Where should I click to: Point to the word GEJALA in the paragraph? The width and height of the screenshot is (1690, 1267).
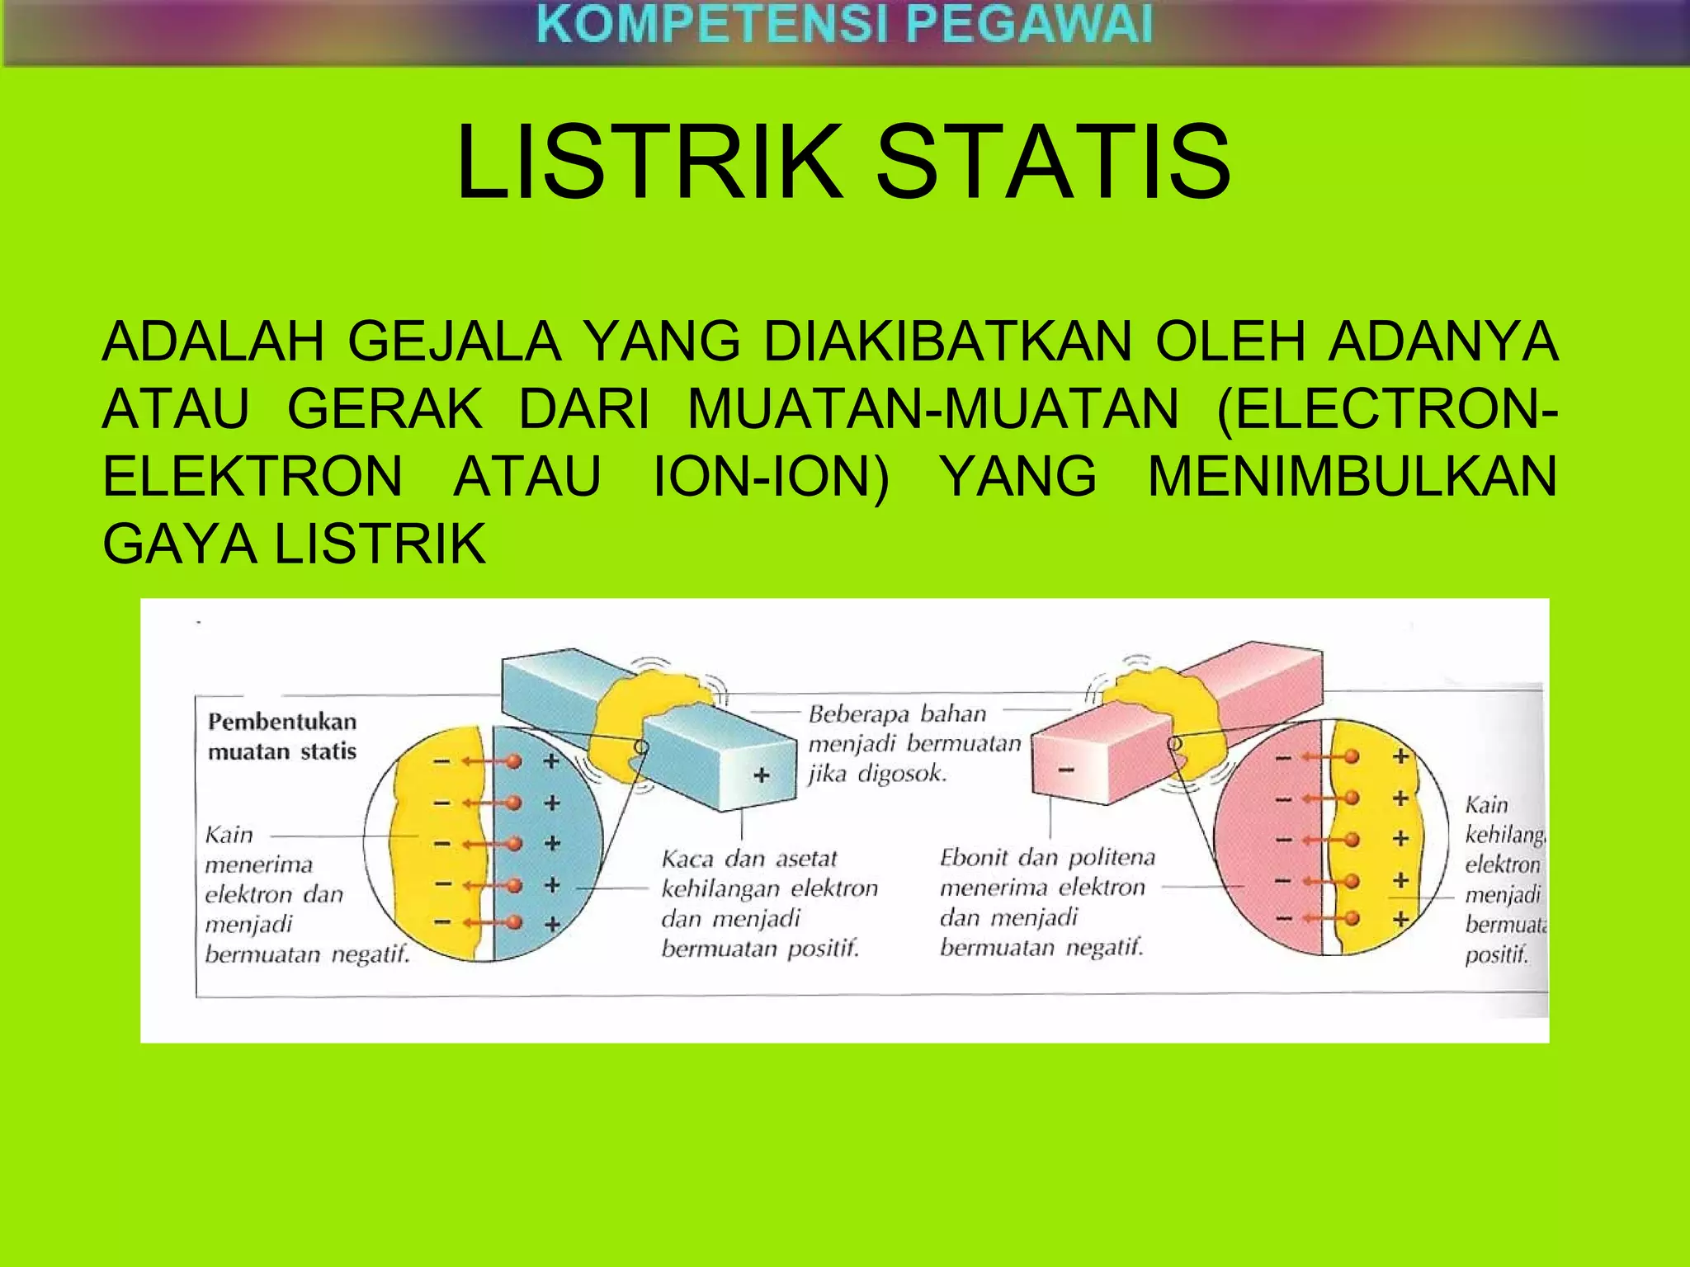point(455,341)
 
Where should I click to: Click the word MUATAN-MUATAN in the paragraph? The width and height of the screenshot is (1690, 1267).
point(933,409)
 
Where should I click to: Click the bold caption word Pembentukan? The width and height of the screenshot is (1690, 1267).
point(282,722)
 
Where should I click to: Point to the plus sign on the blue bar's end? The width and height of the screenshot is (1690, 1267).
point(762,775)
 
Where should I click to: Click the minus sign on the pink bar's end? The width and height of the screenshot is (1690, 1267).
point(1066,770)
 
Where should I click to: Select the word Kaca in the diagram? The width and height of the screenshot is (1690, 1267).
point(687,860)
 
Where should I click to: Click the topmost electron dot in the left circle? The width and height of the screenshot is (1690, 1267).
point(514,761)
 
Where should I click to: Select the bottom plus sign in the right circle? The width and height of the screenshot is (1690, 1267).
point(1400,918)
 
